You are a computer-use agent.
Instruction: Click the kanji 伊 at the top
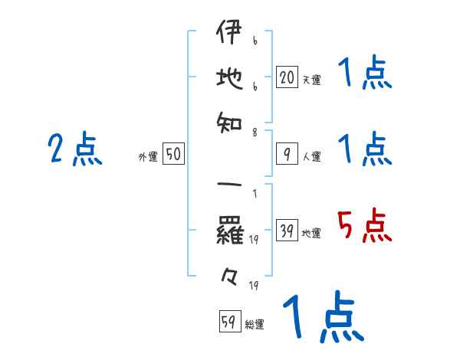[228, 34]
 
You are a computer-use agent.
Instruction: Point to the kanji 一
[228, 187]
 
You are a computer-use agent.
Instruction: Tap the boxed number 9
[287, 155]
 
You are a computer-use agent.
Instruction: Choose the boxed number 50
[173, 155]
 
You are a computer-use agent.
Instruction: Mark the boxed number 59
[229, 322]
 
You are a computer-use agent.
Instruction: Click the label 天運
[311, 79]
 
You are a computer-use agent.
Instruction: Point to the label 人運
[311, 157]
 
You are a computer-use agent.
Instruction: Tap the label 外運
[148, 157]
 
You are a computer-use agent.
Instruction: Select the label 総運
[255, 325]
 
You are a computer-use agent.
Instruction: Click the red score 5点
[364, 227]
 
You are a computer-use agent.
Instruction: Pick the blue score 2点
[75, 149]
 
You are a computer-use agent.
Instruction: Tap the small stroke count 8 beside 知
[255, 133]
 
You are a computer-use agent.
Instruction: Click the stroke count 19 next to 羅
[254, 241]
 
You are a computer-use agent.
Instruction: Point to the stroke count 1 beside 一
[255, 194]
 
